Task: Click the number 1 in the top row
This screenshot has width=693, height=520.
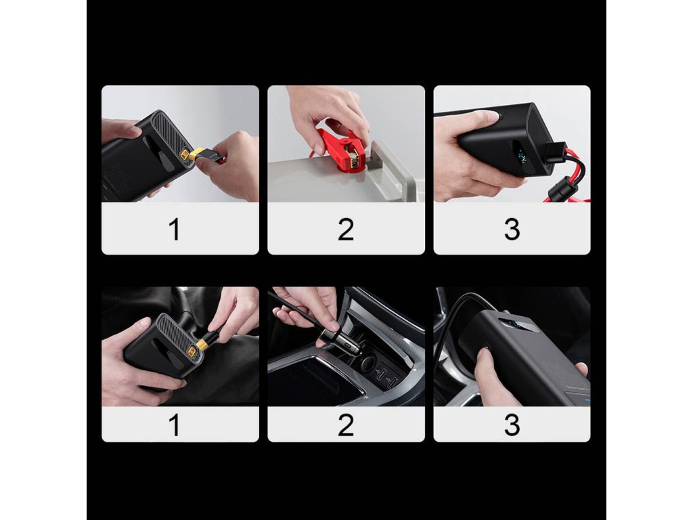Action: click(175, 230)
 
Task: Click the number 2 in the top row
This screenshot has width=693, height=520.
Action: click(346, 230)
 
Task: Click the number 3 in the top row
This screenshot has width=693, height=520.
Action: click(512, 230)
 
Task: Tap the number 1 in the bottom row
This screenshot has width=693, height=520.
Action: click(175, 425)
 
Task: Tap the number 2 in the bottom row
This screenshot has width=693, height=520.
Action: click(346, 425)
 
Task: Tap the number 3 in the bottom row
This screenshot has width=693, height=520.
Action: click(512, 425)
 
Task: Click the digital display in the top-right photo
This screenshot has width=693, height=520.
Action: click(524, 157)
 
